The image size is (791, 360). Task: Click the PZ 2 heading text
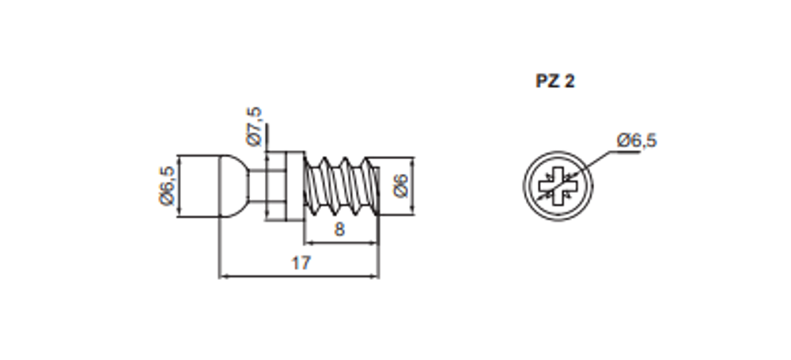pos(555,81)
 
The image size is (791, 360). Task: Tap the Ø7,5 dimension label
pos(255,126)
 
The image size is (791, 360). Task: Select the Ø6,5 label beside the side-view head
pos(167,186)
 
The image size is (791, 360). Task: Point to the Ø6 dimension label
pos(400,186)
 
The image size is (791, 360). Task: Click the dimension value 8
pos(339,229)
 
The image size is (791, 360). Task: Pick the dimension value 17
pos(301,263)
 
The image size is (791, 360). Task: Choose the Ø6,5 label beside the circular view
pos(637,140)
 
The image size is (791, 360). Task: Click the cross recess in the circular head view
pos(558,186)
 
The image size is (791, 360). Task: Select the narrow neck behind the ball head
pos(258,186)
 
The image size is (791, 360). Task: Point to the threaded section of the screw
pos(342,186)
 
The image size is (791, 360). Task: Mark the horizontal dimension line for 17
pos(299,276)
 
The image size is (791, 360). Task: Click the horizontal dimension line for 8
pos(342,243)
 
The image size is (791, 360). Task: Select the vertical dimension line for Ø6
pos(413,186)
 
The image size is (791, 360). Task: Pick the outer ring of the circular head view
pos(558,151)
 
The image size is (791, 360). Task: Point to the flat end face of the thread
pos(379,186)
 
